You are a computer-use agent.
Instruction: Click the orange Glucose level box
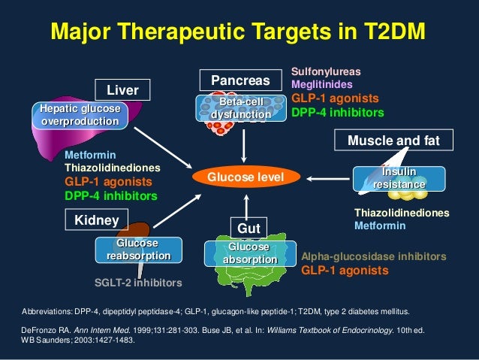point(246,177)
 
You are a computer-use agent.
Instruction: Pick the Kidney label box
point(98,219)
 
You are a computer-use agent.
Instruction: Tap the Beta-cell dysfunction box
point(240,108)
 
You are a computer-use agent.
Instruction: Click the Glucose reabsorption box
point(138,250)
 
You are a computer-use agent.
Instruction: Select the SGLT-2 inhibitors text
point(138,283)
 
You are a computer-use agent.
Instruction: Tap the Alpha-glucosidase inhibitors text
point(373,256)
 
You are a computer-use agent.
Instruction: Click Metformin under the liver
point(89,154)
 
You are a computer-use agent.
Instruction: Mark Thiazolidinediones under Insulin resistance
point(401,213)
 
